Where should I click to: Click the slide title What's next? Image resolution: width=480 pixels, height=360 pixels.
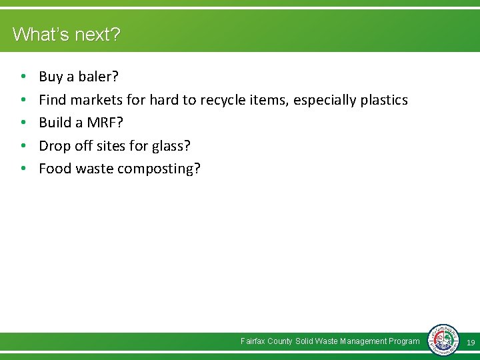pyautogui.click(x=67, y=34)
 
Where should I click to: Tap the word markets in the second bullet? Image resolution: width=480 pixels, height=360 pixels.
pyautogui.click(x=95, y=100)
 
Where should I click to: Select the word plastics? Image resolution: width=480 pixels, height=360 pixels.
pyautogui.click(x=383, y=100)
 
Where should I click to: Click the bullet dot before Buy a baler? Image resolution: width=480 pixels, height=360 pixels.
pyautogui.click(x=23, y=77)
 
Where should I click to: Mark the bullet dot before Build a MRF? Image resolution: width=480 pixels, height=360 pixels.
pyautogui.click(x=23, y=123)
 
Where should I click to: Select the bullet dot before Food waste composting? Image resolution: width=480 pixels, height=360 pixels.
pyautogui.click(x=23, y=169)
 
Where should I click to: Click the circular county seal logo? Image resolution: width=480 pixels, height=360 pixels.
pyautogui.click(x=443, y=341)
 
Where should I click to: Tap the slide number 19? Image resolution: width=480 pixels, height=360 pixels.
pyautogui.click(x=471, y=342)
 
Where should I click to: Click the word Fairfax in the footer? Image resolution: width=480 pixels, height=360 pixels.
pyautogui.click(x=253, y=341)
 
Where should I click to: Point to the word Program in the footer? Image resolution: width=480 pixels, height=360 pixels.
pyautogui.click(x=404, y=341)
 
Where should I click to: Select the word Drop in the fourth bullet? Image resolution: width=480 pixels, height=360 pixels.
pyautogui.click(x=53, y=145)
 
